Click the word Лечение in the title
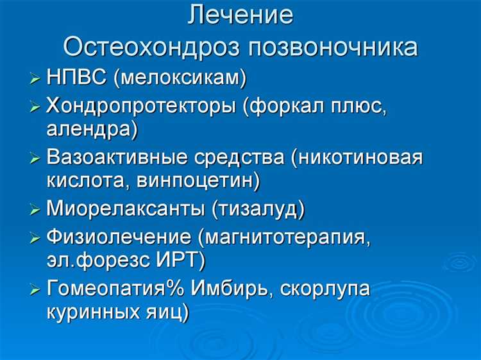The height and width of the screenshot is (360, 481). (x=240, y=16)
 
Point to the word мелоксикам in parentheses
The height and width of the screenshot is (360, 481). (x=181, y=78)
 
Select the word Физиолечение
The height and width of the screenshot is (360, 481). (x=119, y=236)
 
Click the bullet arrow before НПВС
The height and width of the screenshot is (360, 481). (x=35, y=80)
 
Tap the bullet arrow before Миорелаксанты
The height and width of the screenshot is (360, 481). (x=35, y=210)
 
